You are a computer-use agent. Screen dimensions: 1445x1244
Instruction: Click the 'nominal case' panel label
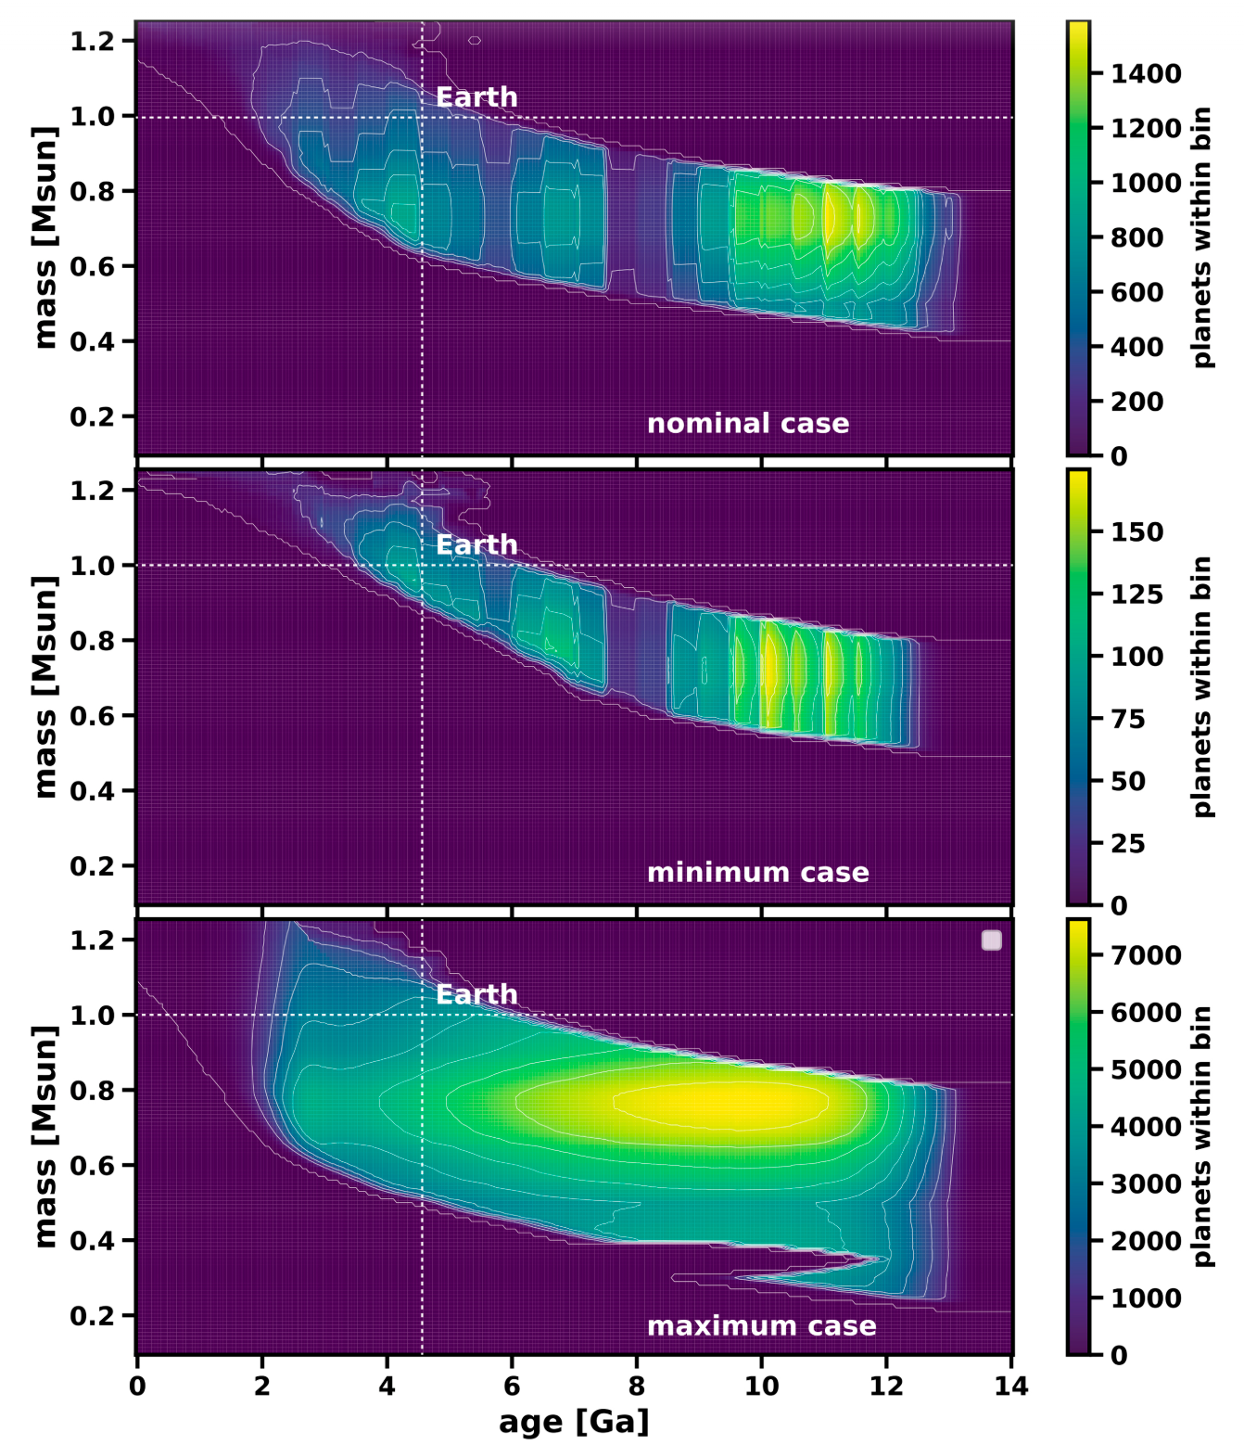coord(747,424)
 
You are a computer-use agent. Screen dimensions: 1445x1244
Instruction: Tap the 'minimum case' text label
coord(757,873)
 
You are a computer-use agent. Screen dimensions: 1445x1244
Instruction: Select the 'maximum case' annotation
coord(761,1326)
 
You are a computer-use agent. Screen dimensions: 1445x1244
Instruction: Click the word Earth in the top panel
coord(476,97)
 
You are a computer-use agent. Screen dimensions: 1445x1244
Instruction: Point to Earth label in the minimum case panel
coord(476,545)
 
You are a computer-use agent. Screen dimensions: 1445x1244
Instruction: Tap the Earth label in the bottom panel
coord(476,995)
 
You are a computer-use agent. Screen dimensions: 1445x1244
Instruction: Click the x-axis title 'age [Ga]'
coord(574,1422)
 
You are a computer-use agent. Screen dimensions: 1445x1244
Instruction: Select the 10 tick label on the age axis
coord(761,1387)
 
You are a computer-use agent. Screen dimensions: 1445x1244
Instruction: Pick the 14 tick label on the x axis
coord(1010,1387)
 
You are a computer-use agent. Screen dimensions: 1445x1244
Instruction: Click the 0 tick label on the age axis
coord(137,1387)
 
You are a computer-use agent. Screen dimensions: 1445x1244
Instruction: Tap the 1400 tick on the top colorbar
coord(1147,74)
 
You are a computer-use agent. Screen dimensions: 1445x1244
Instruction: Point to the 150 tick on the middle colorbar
coord(1137,532)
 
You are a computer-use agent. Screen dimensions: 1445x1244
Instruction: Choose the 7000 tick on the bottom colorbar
coord(1147,956)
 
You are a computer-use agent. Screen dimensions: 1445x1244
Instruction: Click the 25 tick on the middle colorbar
coord(1128,844)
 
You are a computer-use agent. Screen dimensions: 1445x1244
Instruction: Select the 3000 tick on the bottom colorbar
coord(1147,1184)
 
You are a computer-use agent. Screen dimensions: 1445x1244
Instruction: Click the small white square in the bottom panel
coord(991,940)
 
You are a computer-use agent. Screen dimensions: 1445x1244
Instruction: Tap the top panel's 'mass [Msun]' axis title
coord(44,237)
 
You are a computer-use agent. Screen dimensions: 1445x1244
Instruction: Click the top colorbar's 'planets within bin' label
coord(1201,237)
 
